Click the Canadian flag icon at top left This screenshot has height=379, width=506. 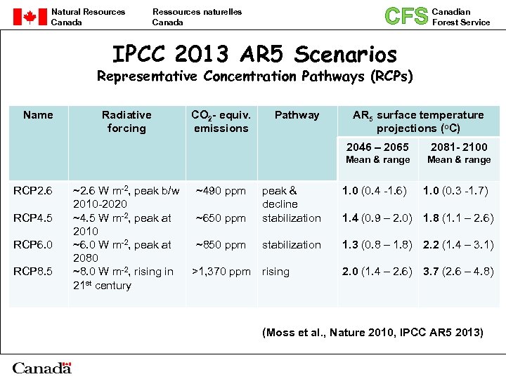[x=30, y=17]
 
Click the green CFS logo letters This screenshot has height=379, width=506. [x=406, y=16]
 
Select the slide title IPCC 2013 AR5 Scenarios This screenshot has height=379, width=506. [x=254, y=54]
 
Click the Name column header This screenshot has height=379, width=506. [x=38, y=115]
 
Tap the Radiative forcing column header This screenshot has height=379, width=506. [x=126, y=121]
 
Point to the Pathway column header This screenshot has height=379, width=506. [x=297, y=115]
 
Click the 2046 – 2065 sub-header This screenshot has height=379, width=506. [x=377, y=147]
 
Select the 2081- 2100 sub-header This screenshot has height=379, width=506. [x=459, y=147]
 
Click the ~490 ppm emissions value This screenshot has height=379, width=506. [x=221, y=191]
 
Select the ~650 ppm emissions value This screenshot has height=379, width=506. [x=221, y=218]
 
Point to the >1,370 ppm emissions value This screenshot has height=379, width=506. [x=221, y=272]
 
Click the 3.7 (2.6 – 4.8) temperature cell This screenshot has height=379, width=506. [x=458, y=272]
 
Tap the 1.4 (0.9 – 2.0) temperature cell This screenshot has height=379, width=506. [x=377, y=218]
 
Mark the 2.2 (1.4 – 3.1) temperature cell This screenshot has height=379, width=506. [x=458, y=245]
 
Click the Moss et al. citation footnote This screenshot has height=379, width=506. [x=372, y=332]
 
